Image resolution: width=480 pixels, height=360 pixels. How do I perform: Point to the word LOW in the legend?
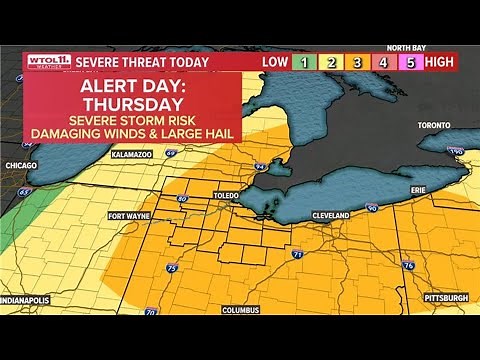pyautogui.click(x=275, y=62)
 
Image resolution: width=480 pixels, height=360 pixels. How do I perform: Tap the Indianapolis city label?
pyautogui.click(x=30, y=299)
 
